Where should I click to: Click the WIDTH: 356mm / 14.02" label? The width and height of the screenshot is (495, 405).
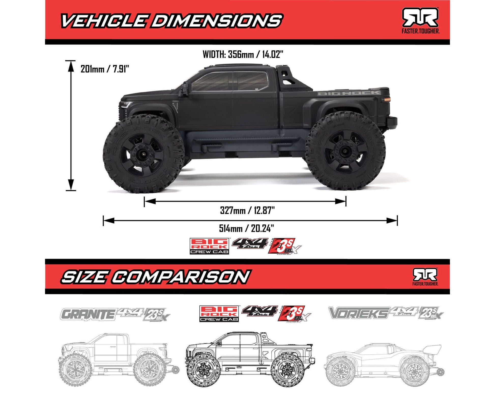[243, 54]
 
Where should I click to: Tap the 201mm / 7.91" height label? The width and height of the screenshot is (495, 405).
[105, 69]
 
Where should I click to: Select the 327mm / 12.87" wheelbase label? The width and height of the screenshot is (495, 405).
[247, 211]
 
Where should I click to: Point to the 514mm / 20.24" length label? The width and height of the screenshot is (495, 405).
[246, 228]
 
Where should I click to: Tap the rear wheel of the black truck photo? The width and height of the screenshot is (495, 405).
[345, 151]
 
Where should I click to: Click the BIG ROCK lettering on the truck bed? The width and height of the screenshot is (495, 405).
[349, 93]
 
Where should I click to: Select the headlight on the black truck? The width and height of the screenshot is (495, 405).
[126, 105]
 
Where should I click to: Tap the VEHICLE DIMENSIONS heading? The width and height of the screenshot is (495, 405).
[171, 21]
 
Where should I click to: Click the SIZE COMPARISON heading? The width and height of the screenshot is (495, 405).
[155, 277]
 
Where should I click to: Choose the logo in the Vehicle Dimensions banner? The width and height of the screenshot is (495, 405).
[420, 20]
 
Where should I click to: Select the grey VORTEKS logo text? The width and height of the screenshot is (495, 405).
[359, 313]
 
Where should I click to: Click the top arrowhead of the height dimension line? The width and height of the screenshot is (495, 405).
[71, 67]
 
